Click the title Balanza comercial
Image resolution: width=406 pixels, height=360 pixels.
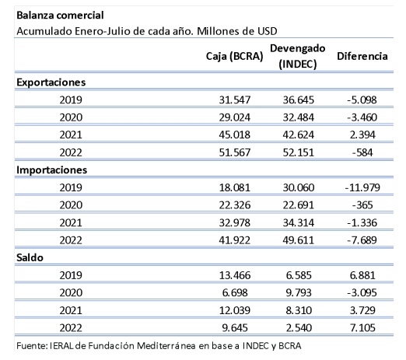pos(60,16)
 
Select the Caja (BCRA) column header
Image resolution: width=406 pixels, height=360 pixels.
pos(234,56)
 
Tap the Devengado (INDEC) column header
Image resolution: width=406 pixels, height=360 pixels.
pos(298,56)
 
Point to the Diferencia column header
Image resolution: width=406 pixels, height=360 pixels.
pos(362,56)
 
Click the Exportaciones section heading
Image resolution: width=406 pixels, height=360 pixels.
pos(51,82)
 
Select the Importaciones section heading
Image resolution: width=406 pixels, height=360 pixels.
pos(52,170)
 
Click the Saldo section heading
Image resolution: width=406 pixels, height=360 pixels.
pos(30,257)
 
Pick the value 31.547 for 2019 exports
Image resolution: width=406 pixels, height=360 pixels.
pos(235,100)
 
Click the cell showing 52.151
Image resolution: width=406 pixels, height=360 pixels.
pos(299,152)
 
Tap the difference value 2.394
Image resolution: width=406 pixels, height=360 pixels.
pos(362,135)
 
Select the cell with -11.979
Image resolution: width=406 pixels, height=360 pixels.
pos(362,187)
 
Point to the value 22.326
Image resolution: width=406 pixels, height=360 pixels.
pos(235,205)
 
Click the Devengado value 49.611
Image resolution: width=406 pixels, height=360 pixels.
pos(299,240)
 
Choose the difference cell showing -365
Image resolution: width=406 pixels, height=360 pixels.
pos(362,205)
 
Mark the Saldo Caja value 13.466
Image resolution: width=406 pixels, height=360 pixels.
pos(235,275)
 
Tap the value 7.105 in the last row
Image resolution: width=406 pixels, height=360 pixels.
pos(362,328)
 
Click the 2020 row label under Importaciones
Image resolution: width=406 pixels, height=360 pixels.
pos(71,205)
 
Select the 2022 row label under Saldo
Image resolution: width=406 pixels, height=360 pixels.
pos(71,328)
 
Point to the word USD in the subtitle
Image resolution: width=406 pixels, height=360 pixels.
pos(267,31)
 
